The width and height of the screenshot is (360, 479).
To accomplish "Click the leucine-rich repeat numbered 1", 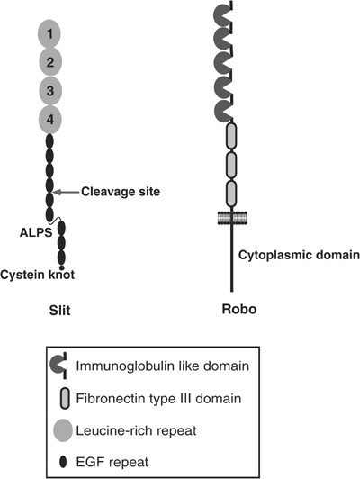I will [x=51, y=34].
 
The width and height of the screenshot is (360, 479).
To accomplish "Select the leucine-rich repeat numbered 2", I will [x=51, y=63].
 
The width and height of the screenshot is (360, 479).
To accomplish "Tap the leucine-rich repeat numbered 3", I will [x=51, y=91].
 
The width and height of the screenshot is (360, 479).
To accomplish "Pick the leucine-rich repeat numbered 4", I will [x=51, y=119].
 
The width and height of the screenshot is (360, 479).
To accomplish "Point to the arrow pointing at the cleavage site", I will [x=67, y=191].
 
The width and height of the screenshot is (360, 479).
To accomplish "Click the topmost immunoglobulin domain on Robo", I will [x=221, y=15].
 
